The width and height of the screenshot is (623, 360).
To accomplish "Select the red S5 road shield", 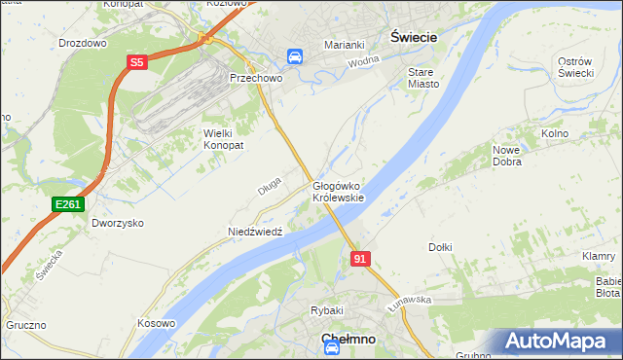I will pos(137,63).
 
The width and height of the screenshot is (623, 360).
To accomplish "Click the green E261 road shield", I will pos(68,203).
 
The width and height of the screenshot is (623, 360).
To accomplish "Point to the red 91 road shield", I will pos(360,258).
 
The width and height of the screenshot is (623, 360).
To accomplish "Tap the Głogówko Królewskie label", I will pos(338,191).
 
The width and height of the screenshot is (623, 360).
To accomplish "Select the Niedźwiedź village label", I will pos(254,232).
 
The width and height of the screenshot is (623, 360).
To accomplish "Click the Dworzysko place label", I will pos(118,222).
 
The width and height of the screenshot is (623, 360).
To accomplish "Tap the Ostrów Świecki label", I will pos(575,67).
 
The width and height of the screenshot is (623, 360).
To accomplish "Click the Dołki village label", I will pos(440,247).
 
